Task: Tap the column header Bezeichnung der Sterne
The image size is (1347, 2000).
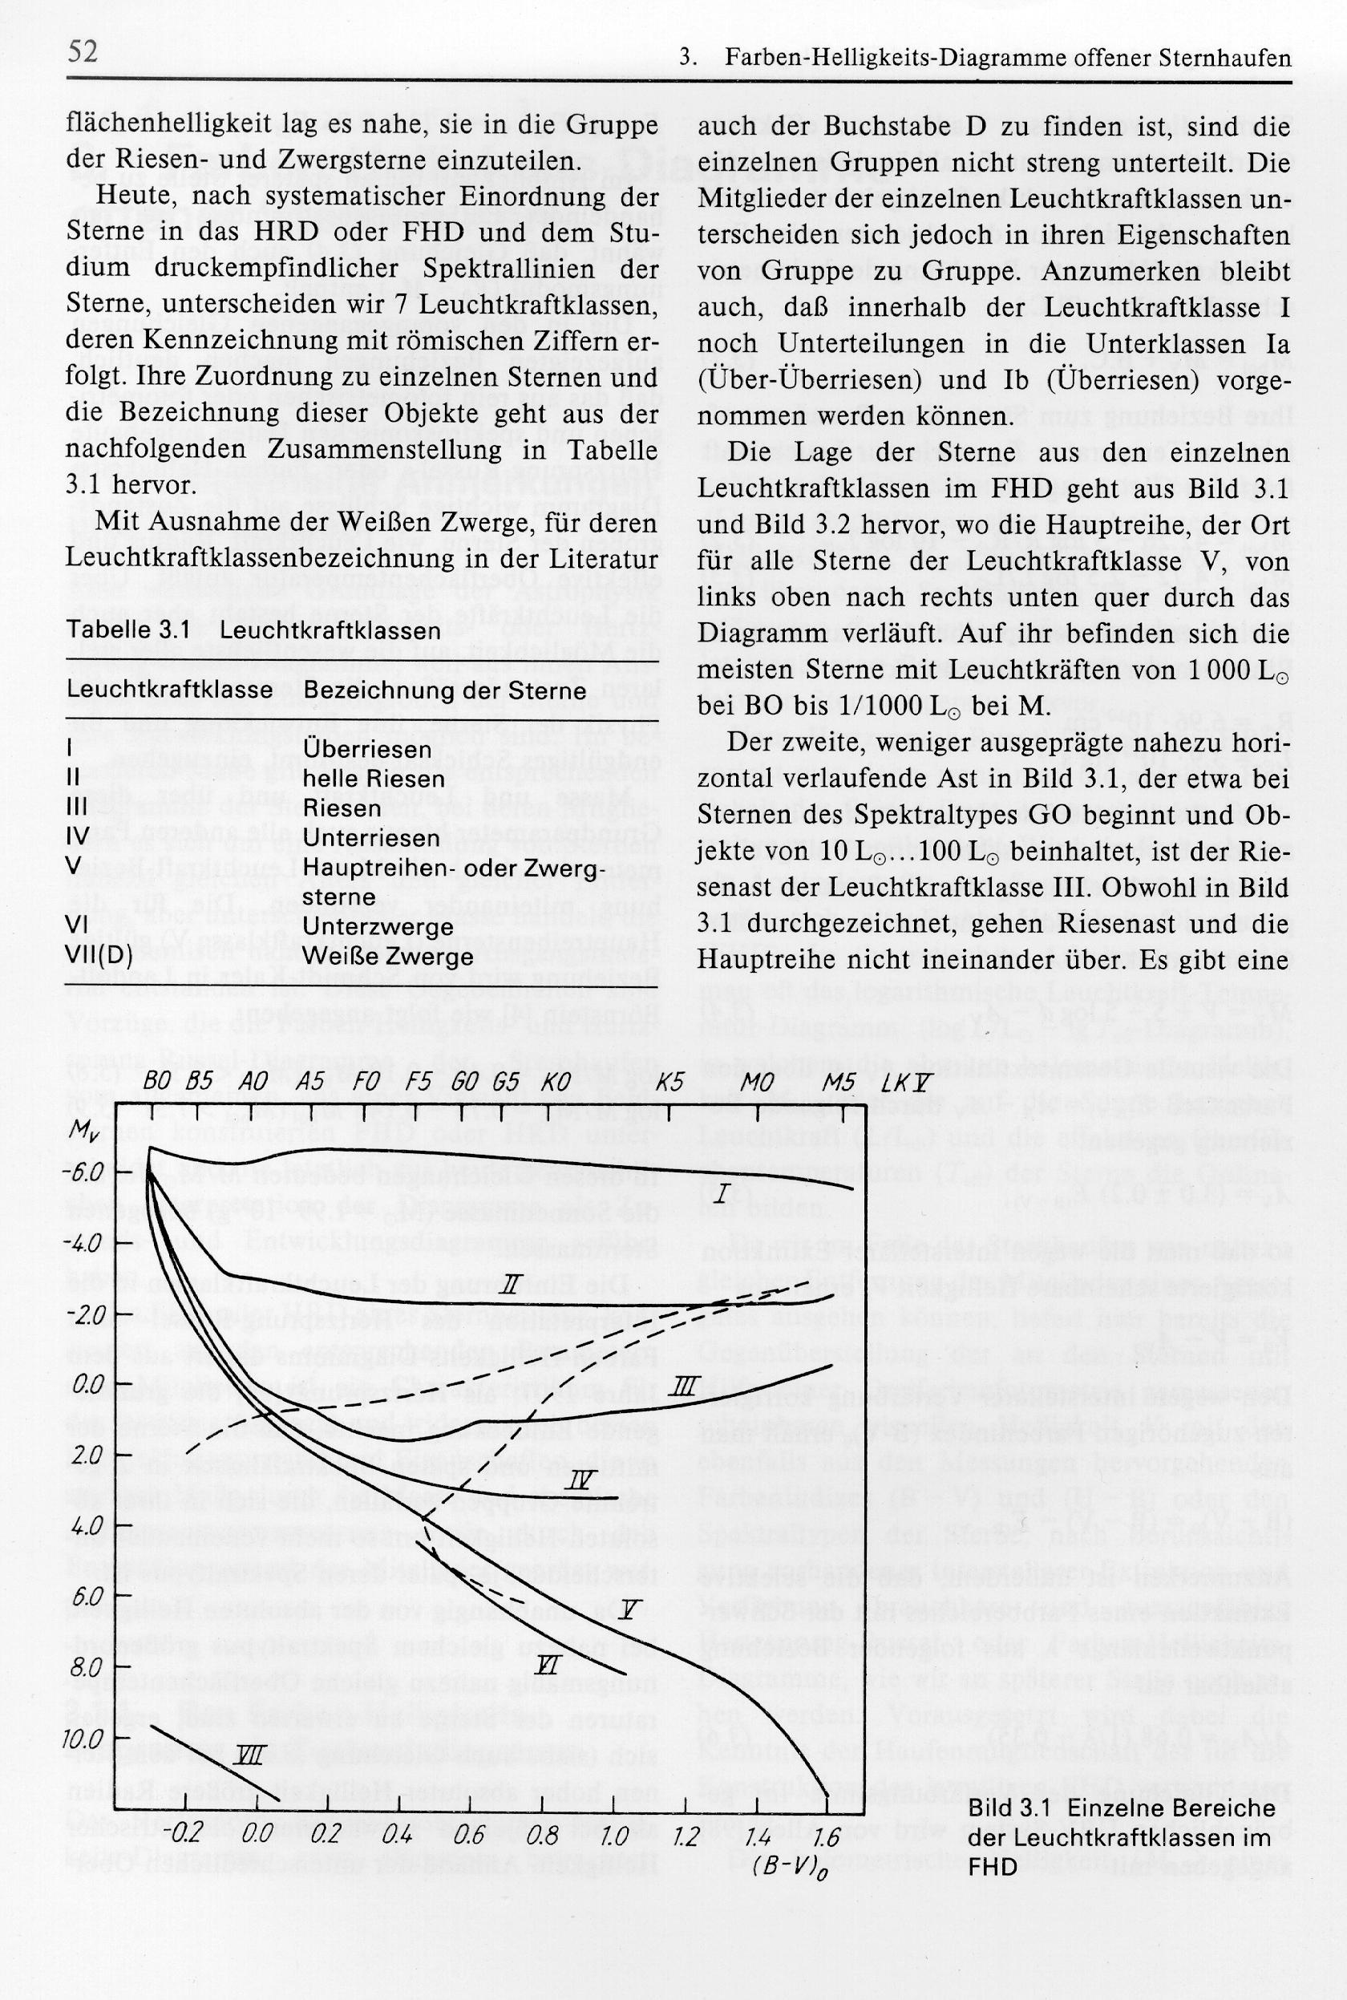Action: pyautogui.click(x=445, y=690)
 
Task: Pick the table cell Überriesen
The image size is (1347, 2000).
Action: pyautogui.click(x=367, y=749)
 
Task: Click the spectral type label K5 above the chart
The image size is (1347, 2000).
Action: pyautogui.click(x=669, y=1083)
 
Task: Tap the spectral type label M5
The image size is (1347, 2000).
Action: pyautogui.click(x=838, y=1083)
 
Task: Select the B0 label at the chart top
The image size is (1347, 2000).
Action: pyautogui.click(x=156, y=1083)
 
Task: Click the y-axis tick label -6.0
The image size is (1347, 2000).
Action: pyautogui.click(x=87, y=1172)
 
